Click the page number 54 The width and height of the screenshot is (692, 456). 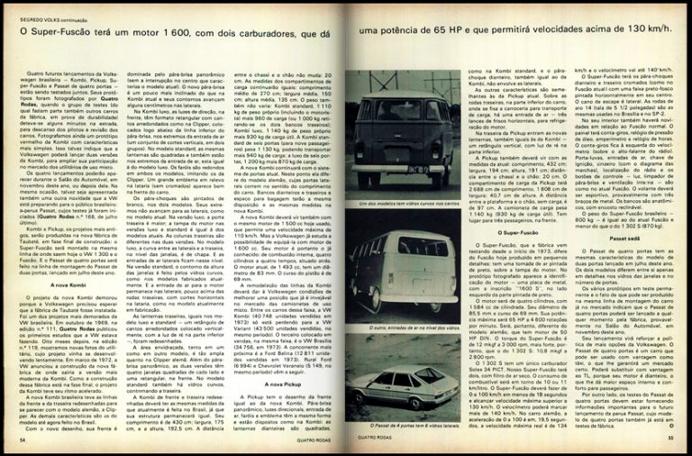(22, 440)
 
